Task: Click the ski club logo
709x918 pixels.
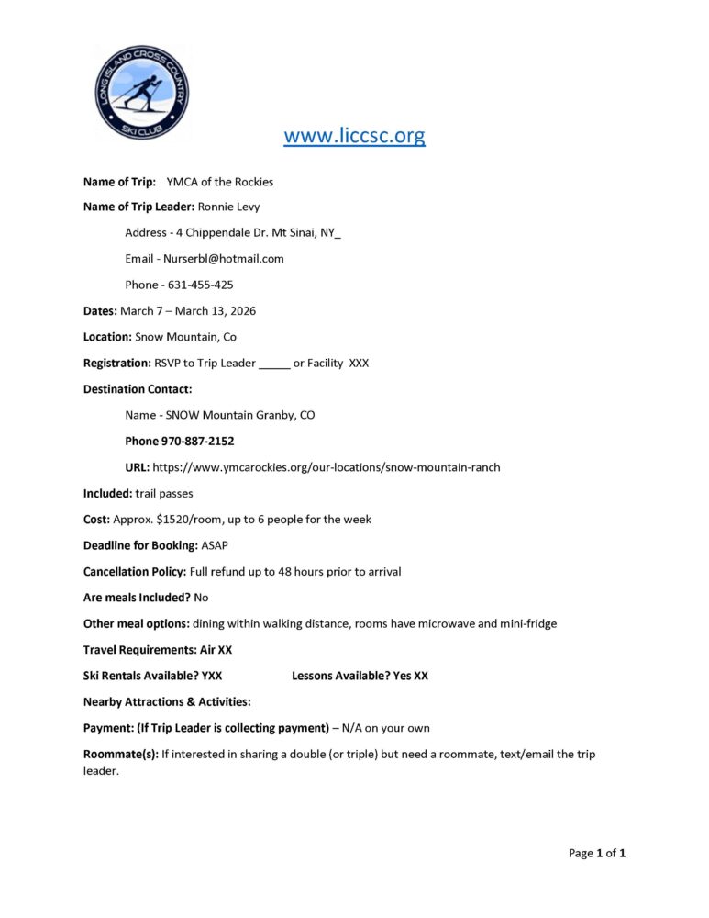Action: [x=142, y=91]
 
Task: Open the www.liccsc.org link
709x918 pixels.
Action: [x=354, y=137]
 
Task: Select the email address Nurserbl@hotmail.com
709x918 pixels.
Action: [x=223, y=259]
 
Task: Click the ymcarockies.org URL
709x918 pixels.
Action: [x=326, y=467]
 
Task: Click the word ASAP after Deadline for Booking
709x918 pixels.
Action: [x=214, y=545]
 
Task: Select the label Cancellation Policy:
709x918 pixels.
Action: [x=135, y=572]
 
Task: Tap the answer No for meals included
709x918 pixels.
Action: [x=201, y=598]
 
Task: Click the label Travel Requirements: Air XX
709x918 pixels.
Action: [x=157, y=650]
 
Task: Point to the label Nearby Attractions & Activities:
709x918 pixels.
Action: [x=167, y=702]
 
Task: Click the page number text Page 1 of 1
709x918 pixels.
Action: [x=597, y=854]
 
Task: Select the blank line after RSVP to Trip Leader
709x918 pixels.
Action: [x=274, y=364]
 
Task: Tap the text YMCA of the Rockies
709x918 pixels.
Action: [x=220, y=181]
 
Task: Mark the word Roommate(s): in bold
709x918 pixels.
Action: [x=120, y=755]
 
